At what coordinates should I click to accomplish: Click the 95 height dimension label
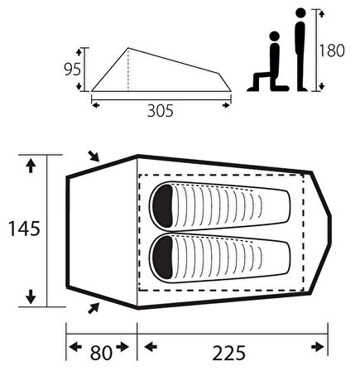click(72, 69)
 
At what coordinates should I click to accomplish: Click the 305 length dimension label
click(161, 111)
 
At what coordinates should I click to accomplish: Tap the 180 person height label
click(332, 51)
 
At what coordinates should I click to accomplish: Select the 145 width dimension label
click(24, 229)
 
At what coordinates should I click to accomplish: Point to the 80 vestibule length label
click(101, 353)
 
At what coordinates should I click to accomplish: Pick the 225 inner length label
click(228, 353)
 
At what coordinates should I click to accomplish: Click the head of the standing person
click(300, 13)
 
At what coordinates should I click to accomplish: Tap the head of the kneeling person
click(275, 36)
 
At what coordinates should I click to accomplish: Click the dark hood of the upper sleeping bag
click(163, 206)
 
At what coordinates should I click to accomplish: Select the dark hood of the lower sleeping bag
click(163, 258)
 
